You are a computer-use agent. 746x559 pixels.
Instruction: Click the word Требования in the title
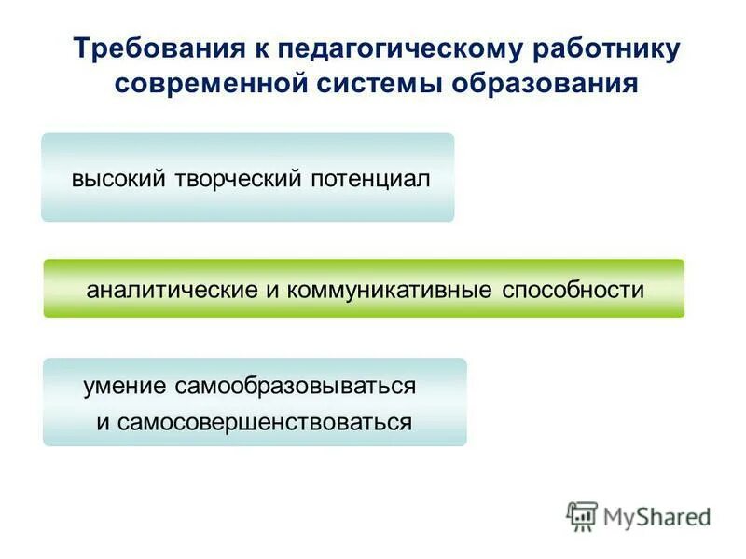point(150,48)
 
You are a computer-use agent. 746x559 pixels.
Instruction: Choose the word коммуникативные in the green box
point(391,290)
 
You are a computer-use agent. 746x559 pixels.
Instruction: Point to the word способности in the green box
point(573,290)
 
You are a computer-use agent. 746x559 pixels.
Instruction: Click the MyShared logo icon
point(581,516)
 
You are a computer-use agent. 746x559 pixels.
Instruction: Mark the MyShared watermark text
point(657,516)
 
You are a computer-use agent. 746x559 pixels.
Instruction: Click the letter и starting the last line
point(103,423)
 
